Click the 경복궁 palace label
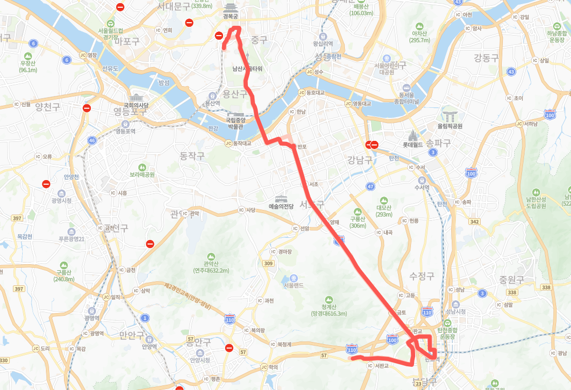point(230,17)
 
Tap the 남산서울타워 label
point(247,68)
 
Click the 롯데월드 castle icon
point(413,136)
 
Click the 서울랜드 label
point(293,285)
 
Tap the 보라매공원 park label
point(142,174)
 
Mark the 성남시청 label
point(456,311)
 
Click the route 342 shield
point(475,221)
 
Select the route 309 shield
point(268,264)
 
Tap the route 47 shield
point(370,186)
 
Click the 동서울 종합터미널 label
point(407,98)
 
